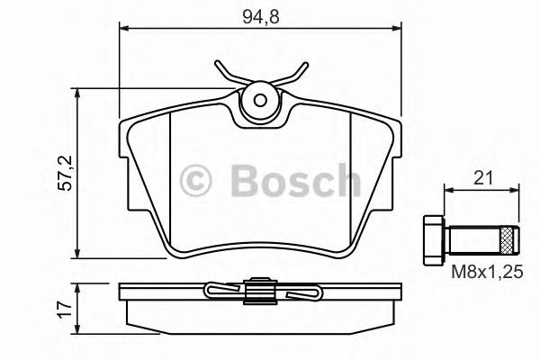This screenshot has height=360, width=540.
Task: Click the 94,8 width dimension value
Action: point(260,14)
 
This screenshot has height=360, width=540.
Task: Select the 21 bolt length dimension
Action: point(483,178)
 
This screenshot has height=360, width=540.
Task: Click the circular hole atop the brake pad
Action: point(261,102)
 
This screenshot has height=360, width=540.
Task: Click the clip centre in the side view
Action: point(260,291)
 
